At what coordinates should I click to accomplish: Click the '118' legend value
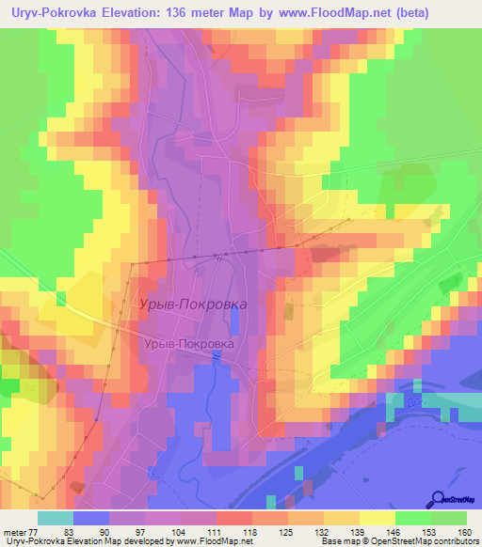pyautogui.click(x=249, y=531)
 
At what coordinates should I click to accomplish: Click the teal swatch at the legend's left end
pyautogui.click(x=56, y=518)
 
